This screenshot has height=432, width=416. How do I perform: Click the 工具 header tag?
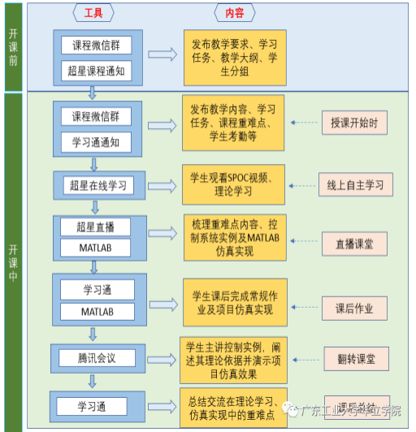click(x=94, y=13)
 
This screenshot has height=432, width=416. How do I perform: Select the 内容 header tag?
click(x=235, y=13)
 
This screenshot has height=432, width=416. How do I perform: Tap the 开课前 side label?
click(x=13, y=48)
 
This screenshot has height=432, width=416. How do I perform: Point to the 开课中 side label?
click(x=13, y=260)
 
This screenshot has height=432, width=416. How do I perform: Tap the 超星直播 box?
click(x=97, y=226)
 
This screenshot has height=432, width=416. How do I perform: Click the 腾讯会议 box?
click(x=97, y=356)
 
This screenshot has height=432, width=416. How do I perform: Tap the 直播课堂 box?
click(x=354, y=242)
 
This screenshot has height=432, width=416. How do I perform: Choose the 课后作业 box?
click(x=354, y=309)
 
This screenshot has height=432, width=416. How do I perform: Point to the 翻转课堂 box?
click(x=353, y=358)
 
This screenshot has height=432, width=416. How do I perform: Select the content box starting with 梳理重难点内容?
click(x=233, y=235)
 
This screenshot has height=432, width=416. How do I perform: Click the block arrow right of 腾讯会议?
click(x=161, y=356)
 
